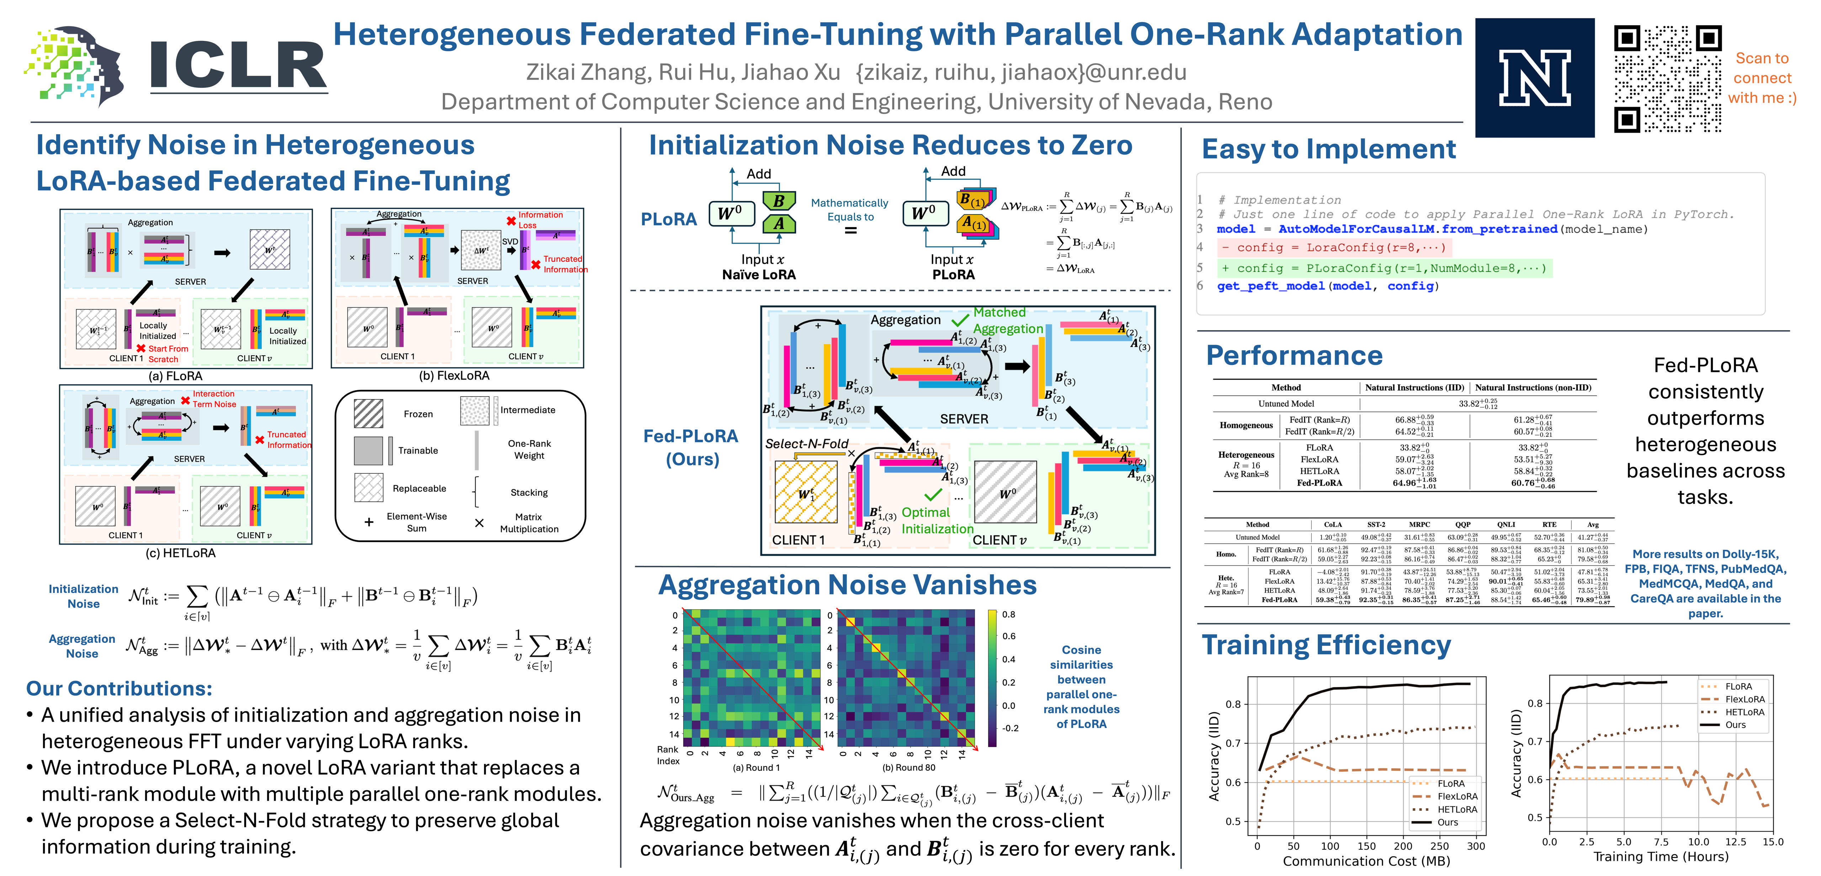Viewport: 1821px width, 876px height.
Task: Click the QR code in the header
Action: point(1667,79)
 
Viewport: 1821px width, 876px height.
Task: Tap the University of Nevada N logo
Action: point(1534,78)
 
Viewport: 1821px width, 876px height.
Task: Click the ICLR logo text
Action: point(238,66)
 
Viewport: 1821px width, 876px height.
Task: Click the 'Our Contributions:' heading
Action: point(119,689)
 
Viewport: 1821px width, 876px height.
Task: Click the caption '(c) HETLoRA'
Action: point(180,553)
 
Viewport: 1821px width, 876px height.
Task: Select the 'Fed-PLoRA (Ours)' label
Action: point(691,447)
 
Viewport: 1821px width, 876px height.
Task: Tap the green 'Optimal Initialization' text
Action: point(937,520)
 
